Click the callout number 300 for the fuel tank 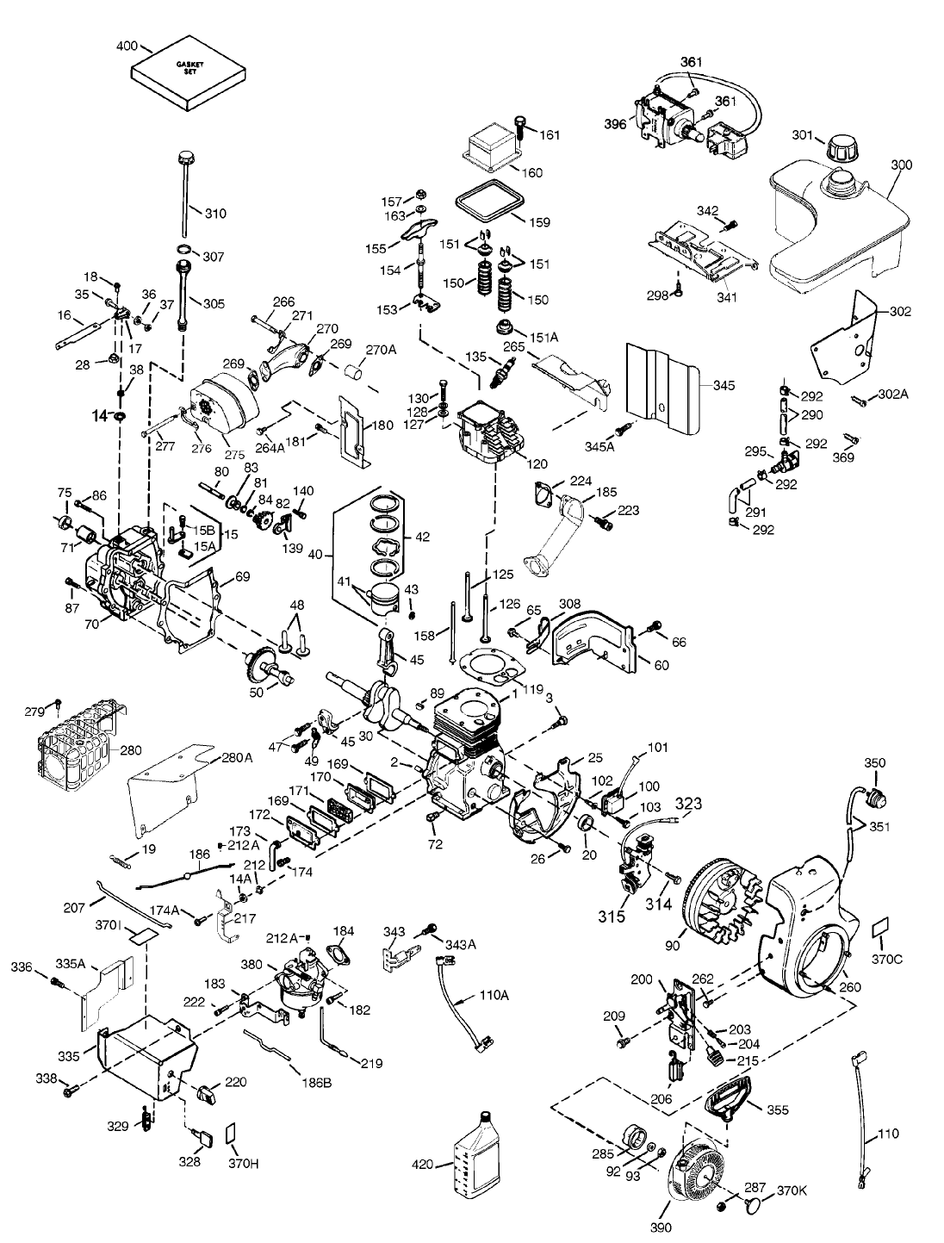point(901,164)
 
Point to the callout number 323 point(687,804)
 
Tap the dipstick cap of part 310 point(183,158)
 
